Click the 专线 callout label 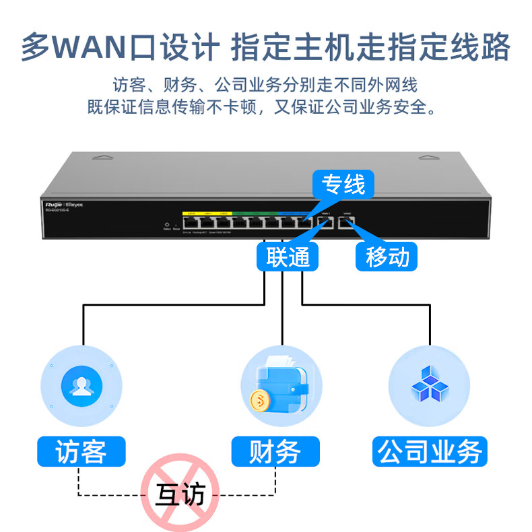pos(343,184)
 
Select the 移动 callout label pos(387,257)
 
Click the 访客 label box pos(81,451)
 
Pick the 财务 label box pos(275,451)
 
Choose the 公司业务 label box pos(430,451)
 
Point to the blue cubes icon pos(429,385)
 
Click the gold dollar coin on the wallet pos(259,401)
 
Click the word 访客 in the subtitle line pos(127,86)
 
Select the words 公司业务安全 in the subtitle pos(376,106)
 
